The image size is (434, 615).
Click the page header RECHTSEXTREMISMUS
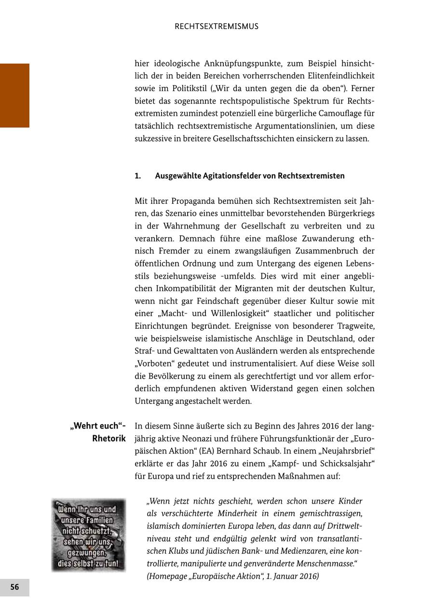click(x=217, y=27)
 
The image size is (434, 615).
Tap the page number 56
click(x=14, y=587)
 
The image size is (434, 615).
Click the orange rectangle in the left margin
click(x=14, y=95)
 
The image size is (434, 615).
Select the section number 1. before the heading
click(x=138, y=176)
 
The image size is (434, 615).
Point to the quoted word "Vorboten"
click(x=153, y=363)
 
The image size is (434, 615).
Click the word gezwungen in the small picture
click(x=88, y=554)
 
